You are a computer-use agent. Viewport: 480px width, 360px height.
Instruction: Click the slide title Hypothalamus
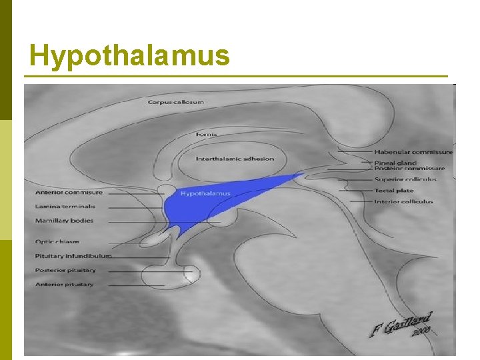click(129, 56)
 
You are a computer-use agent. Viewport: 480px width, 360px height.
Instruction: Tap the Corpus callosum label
click(176, 102)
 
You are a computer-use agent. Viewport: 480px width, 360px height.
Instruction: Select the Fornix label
click(206, 135)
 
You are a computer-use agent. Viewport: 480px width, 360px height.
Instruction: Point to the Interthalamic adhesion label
click(235, 159)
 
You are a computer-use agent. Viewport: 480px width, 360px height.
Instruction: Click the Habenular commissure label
click(413, 152)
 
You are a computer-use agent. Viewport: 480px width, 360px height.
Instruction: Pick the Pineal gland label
click(395, 163)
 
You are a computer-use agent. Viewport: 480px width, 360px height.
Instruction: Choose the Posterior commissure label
click(409, 169)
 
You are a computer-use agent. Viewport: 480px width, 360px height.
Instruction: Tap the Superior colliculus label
click(405, 179)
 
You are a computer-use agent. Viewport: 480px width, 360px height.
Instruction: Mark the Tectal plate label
click(394, 191)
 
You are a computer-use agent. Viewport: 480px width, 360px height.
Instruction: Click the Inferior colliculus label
click(403, 201)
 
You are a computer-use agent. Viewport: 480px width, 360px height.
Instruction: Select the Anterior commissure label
click(69, 193)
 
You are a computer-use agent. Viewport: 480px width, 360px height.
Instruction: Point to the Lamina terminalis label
click(65, 207)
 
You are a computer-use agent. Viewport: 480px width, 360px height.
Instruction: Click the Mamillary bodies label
click(64, 221)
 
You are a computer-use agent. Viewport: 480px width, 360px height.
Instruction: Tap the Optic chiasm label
click(57, 241)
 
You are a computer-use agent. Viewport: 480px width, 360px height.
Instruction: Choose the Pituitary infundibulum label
click(73, 256)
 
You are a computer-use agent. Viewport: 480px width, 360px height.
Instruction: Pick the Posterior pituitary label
click(65, 271)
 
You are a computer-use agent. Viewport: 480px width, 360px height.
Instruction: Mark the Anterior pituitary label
click(64, 285)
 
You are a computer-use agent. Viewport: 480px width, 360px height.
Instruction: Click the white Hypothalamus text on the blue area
click(205, 194)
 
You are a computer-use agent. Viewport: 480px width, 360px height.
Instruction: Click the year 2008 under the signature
click(421, 330)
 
